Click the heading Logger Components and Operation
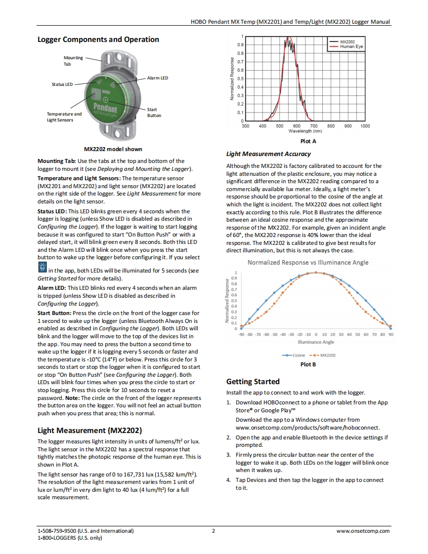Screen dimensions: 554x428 point(98,40)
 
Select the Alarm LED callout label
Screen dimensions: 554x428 point(157,78)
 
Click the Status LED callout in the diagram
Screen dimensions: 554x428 point(62,84)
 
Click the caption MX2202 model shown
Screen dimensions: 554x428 point(113,149)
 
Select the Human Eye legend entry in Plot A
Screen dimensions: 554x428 point(351,47)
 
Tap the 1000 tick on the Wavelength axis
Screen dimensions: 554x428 point(365,126)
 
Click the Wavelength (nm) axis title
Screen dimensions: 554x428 point(305,131)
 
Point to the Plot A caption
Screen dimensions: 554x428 point(308,141)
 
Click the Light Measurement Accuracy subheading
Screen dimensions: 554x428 point(268,154)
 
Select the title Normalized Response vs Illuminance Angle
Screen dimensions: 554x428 point(308,262)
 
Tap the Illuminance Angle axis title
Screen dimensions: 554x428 point(316,342)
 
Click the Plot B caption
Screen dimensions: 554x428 point(308,364)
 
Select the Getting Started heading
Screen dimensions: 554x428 point(253,382)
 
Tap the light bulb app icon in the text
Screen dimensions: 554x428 point(42,268)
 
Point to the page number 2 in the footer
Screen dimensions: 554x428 point(214,531)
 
